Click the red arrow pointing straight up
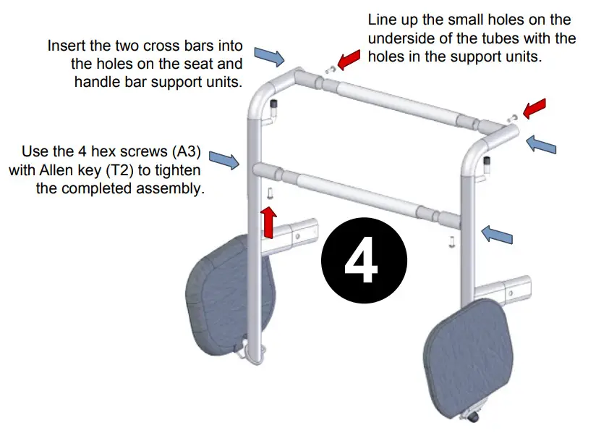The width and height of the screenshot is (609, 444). [269, 221]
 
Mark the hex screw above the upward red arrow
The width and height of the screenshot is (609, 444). [269, 193]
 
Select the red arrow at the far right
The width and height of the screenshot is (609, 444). [535, 108]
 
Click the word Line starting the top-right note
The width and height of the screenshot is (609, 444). [382, 20]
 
